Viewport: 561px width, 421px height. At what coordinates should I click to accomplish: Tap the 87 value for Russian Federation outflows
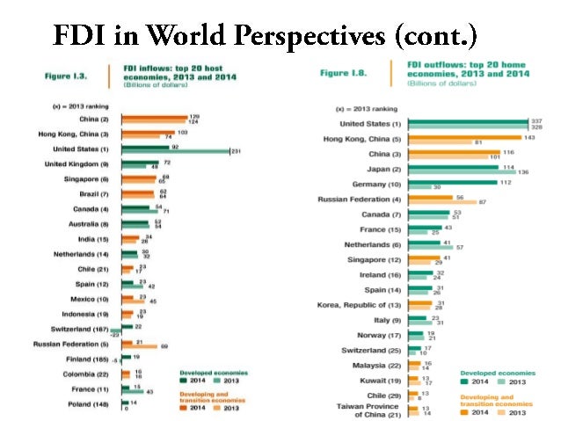(481, 203)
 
